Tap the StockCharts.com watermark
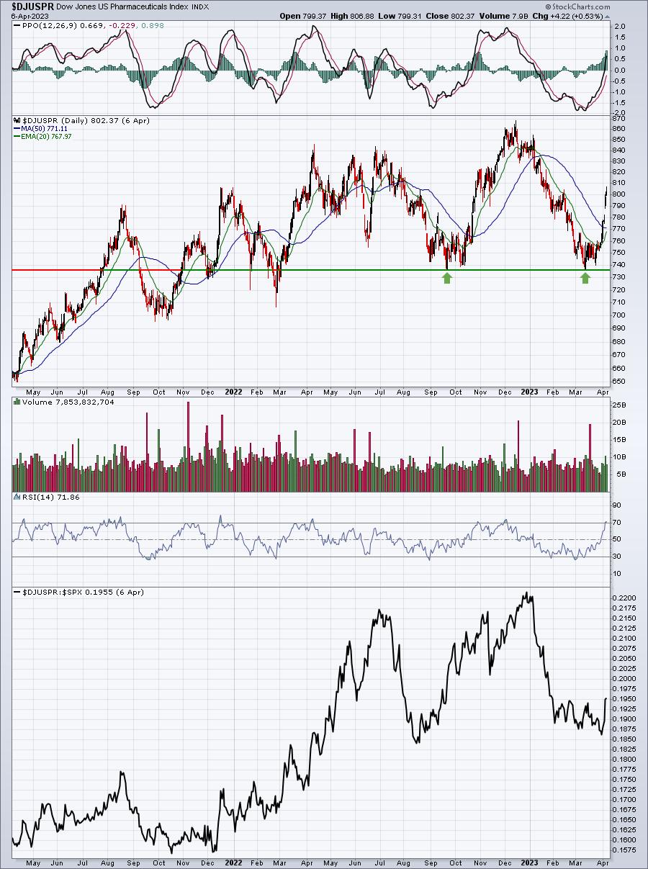[577, 6]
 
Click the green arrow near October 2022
[447, 279]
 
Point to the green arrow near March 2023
[585, 279]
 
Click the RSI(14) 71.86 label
[50, 497]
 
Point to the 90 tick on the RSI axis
[618, 505]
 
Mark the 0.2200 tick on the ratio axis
[623, 598]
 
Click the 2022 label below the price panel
[233, 392]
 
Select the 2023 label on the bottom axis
[529, 863]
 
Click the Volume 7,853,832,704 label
[68, 402]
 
